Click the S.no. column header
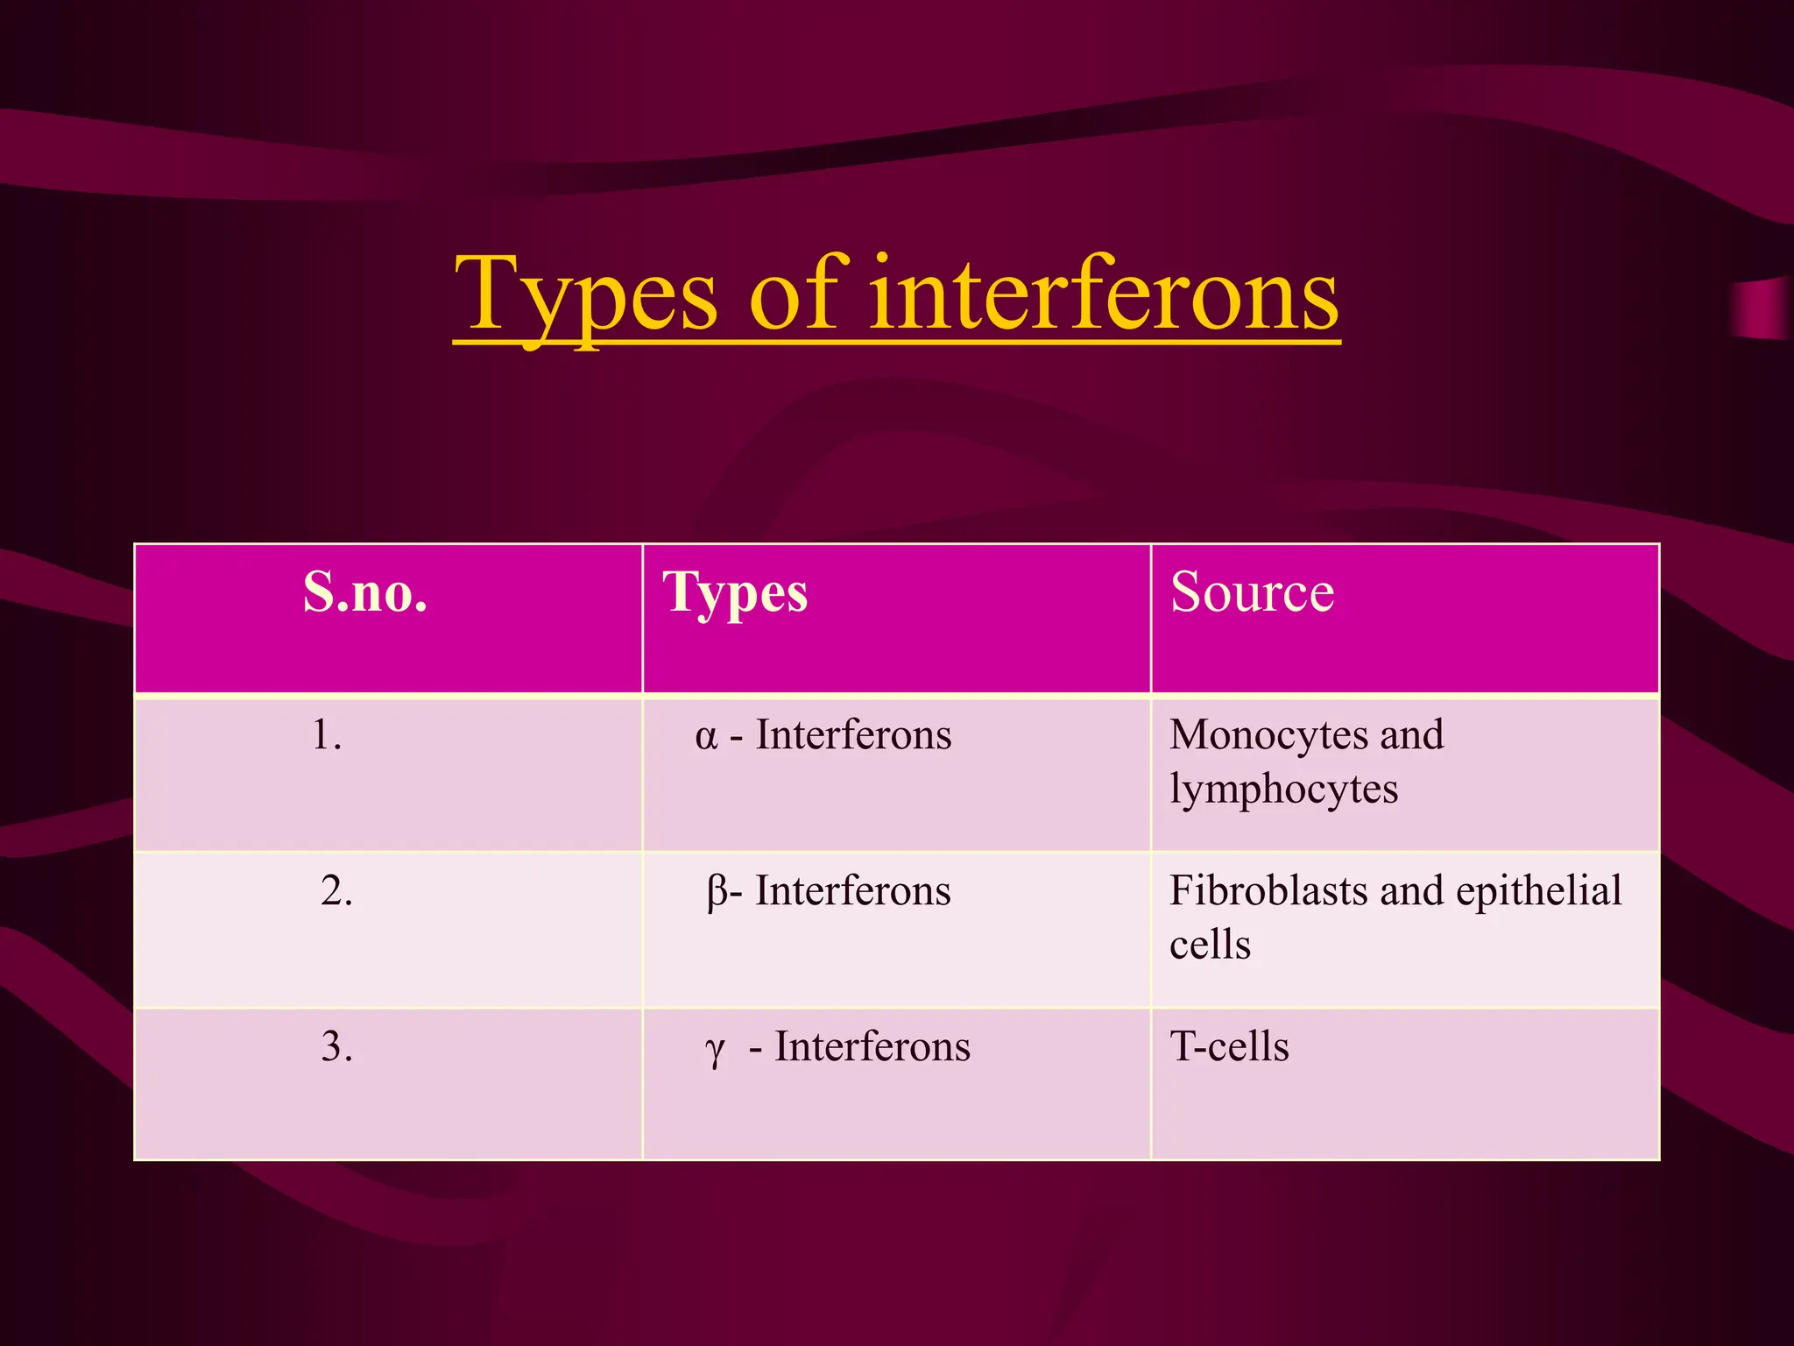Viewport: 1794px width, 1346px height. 365,592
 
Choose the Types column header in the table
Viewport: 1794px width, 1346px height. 735,594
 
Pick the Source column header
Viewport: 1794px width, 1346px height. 1252,592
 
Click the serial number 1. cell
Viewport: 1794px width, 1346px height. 327,734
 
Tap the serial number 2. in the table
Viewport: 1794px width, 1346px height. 336,890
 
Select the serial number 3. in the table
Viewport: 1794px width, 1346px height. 336,1046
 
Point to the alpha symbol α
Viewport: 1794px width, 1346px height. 706,736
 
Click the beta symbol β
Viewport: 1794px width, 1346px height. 717,892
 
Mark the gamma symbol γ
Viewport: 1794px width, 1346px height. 715,1050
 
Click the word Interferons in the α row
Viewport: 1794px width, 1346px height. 853,734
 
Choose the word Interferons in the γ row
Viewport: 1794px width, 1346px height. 872,1046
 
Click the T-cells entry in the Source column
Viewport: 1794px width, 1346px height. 1229,1046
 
